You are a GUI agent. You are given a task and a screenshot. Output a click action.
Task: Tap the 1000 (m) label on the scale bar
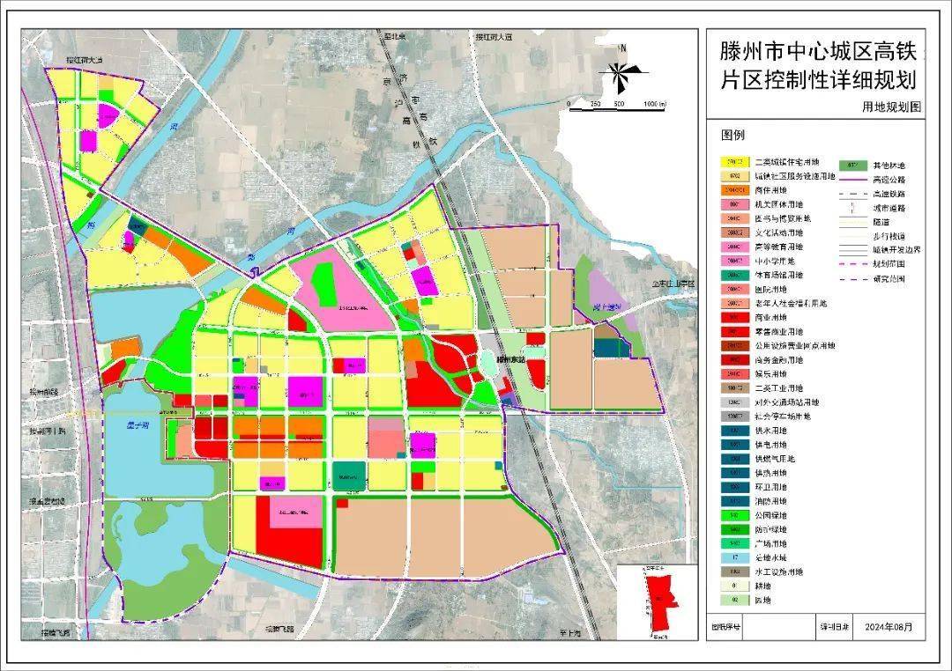pyautogui.click(x=654, y=105)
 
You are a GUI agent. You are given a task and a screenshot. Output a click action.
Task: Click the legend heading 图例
pyautogui.click(x=733, y=136)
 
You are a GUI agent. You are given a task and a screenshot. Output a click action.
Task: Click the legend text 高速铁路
pyautogui.click(x=889, y=193)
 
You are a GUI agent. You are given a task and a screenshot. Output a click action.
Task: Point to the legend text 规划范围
pyautogui.click(x=889, y=263)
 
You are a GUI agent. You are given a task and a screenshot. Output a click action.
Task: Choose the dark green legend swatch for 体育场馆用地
pyautogui.click(x=734, y=276)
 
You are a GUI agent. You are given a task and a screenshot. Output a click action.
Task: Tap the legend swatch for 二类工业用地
pyautogui.click(x=734, y=387)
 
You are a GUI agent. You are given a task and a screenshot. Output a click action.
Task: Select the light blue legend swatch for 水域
pyautogui.click(x=734, y=557)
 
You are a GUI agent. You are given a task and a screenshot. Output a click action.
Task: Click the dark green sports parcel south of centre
pyautogui.click(x=349, y=476)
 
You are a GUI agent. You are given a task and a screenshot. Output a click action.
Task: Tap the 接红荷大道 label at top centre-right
pyautogui.click(x=493, y=38)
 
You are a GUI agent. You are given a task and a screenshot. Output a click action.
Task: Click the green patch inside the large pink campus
pyautogui.click(x=323, y=284)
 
